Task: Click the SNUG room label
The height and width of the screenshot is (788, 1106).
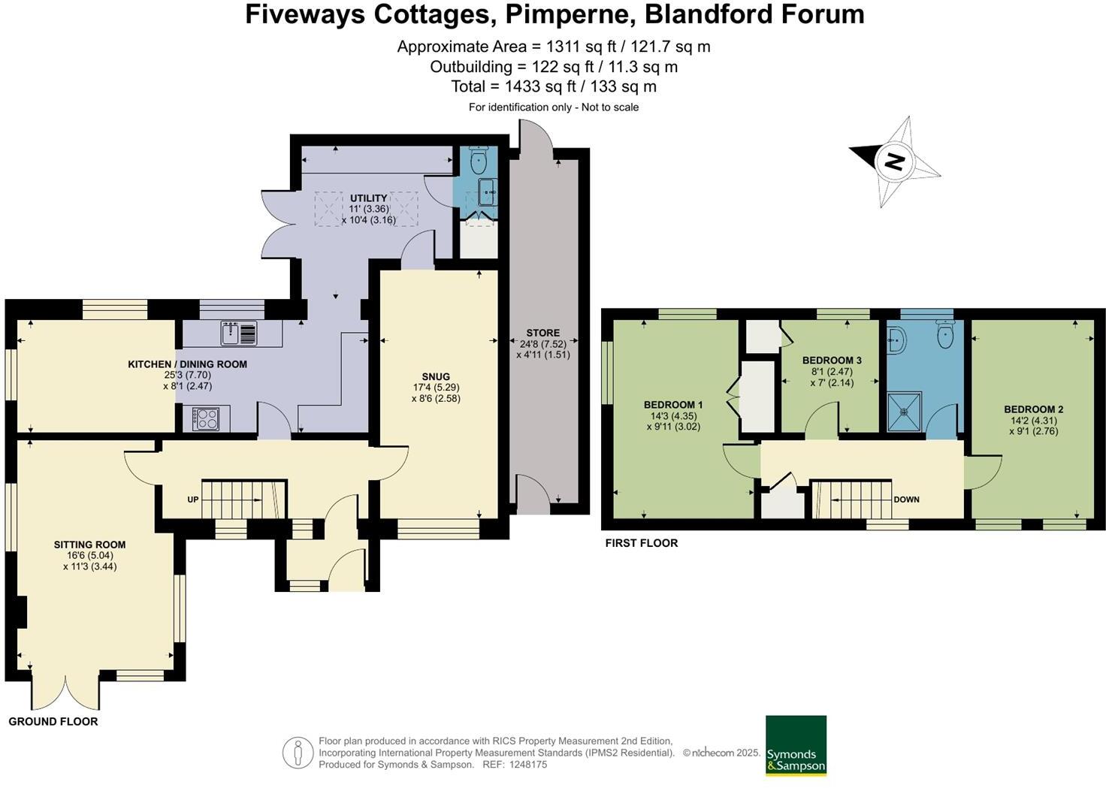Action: tap(436, 377)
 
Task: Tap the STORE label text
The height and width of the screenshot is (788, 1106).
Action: tap(542, 333)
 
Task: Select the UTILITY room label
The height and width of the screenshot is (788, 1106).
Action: tap(368, 198)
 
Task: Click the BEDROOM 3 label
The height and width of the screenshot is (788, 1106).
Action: tap(832, 361)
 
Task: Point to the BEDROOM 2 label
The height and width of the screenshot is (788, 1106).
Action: tap(1033, 409)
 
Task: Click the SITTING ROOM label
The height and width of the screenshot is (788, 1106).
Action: tap(89, 545)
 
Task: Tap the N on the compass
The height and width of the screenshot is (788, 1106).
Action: tap(893, 161)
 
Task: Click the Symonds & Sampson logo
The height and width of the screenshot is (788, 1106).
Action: tap(796, 745)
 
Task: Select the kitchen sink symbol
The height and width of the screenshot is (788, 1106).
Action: tap(239, 333)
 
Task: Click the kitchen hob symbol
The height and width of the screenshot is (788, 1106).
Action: tap(205, 418)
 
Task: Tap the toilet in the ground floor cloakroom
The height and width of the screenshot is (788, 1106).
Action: tap(479, 160)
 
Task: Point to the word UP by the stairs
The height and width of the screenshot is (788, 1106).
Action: tap(193, 500)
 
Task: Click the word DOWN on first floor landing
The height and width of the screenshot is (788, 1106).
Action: tap(906, 500)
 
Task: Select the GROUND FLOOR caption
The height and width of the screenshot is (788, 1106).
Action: tap(53, 722)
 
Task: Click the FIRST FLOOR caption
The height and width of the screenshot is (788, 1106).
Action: tap(642, 543)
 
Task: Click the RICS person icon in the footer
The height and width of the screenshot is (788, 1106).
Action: tap(298, 753)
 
